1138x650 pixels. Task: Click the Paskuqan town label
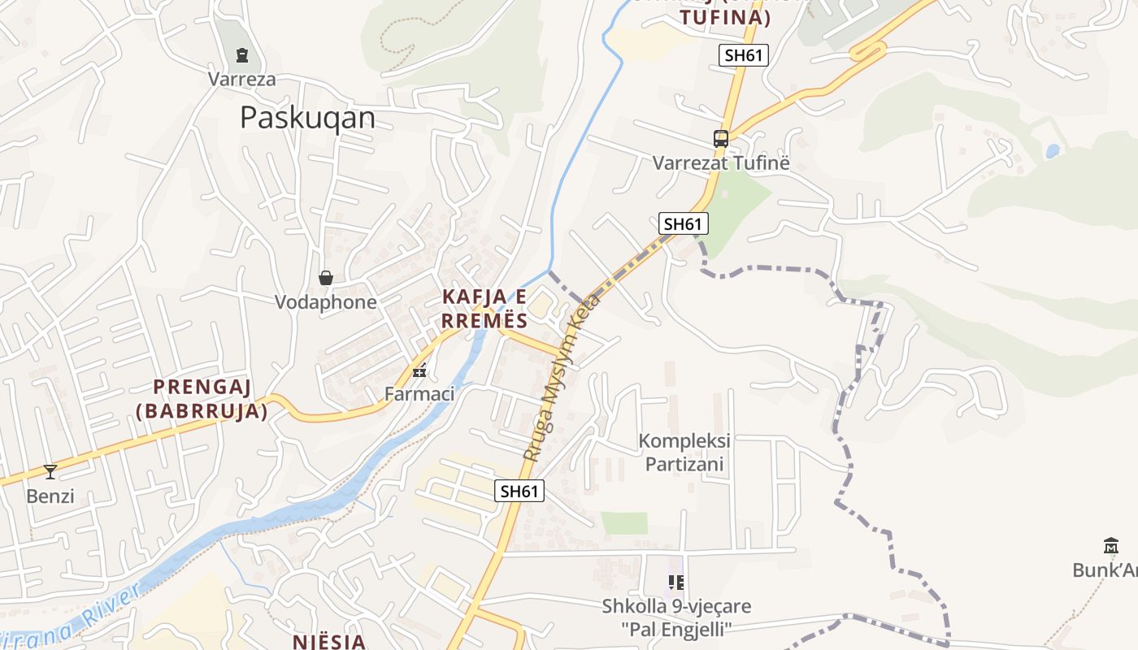pyautogui.click(x=307, y=118)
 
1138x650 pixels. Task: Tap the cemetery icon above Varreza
pyautogui.click(x=241, y=55)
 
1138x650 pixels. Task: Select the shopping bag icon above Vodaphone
pyautogui.click(x=326, y=278)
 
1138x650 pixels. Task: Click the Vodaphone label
pyautogui.click(x=325, y=302)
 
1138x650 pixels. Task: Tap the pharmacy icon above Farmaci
pyautogui.click(x=419, y=371)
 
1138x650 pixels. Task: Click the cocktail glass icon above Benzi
pyautogui.click(x=50, y=471)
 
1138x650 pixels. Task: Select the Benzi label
pyautogui.click(x=50, y=496)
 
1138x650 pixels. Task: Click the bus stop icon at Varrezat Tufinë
pyautogui.click(x=721, y=138)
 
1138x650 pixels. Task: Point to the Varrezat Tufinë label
pyautogui.click(x=721, y=162)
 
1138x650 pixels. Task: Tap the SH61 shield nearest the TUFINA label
pyautogui.click(x=743, y=55)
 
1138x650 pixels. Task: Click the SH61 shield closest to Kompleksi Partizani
pyautogui.click(x=519, y=491)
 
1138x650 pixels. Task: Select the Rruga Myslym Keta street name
pyautogui.click(x=562, y=379)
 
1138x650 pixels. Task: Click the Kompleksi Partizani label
pyautogui.click(x=684, y=453)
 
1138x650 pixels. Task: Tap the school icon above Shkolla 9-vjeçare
pyautogui.click(x=675, y=582)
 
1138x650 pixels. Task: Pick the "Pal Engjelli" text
pyautogui.click(x=676, y=629)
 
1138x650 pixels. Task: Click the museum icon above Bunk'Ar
pyautogui.click(x=1110, y=544)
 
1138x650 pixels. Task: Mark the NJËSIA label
pyautogui.click(x=329, y=641)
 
